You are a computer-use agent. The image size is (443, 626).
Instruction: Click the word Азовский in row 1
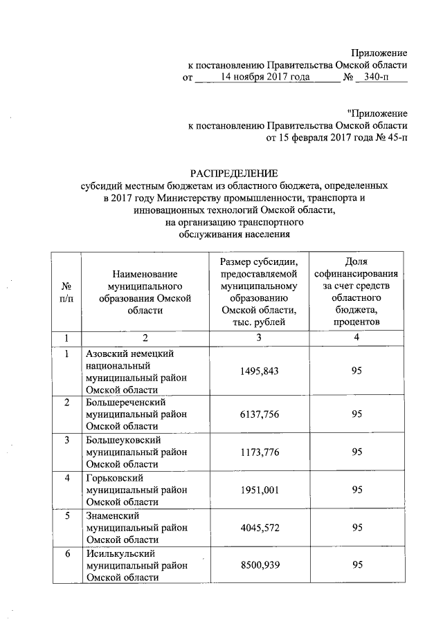point(109,353)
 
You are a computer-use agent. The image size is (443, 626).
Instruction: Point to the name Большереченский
point(123,401)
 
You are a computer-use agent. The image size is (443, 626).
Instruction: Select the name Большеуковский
point(123,439)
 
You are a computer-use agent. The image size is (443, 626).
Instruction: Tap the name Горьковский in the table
point(114,477)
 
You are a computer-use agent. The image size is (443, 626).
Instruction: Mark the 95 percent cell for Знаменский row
point(356,528)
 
